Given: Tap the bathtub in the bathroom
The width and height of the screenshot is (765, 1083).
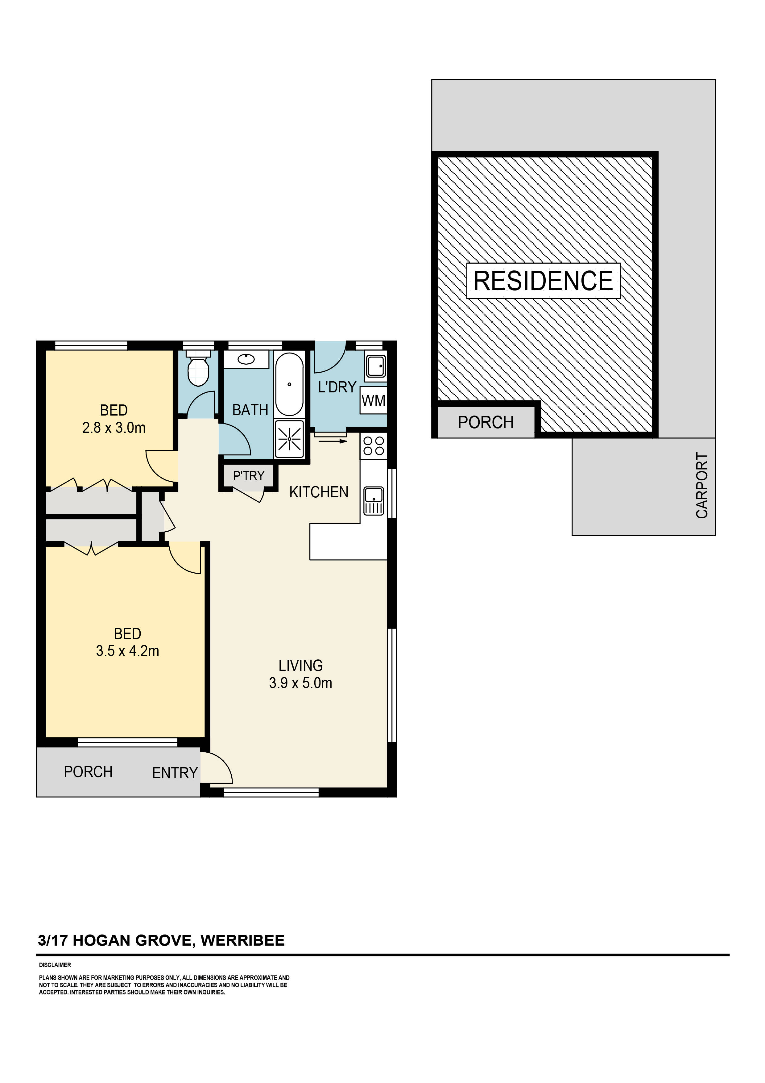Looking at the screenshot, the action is point(289,384).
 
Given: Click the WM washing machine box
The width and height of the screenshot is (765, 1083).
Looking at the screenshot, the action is point(373,401).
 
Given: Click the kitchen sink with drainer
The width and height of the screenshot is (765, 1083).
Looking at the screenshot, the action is point(374,501).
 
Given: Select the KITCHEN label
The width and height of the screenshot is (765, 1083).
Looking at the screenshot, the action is point(319,492).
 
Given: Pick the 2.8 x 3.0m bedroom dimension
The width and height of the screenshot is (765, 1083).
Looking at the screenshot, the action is point(114,428).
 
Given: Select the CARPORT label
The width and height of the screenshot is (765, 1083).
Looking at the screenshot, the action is point(702,486).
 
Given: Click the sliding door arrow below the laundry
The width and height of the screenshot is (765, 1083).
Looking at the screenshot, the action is point(333,441).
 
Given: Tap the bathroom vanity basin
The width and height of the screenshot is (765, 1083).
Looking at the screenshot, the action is point(246,359).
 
